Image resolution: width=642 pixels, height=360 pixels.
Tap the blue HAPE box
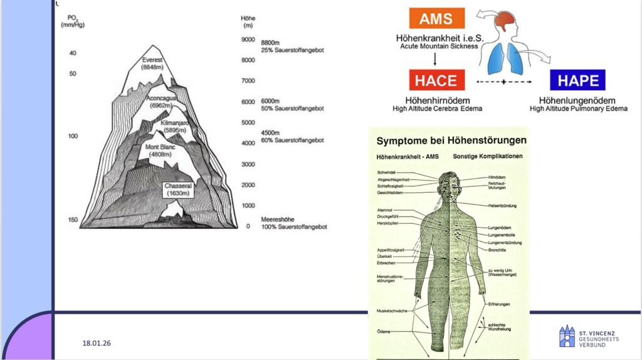[577, 80]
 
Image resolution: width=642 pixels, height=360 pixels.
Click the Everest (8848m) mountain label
[153, 63]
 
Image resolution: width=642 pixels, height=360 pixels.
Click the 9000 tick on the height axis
[248, 40]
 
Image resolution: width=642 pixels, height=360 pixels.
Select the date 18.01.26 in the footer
[97, 343]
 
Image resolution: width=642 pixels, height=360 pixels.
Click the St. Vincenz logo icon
[566, 336]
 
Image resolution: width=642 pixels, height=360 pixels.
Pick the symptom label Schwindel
[387, 172]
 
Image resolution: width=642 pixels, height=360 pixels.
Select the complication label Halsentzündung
[502, 206]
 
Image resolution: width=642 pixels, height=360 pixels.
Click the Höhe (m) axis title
[248, 22]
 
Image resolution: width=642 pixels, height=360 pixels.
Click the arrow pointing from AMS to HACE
[434, 60]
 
